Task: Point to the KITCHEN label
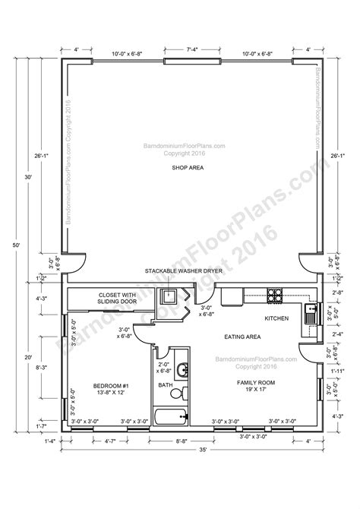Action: click(x=276, y=319)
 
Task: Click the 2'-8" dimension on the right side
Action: click(x=338, y=292)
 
